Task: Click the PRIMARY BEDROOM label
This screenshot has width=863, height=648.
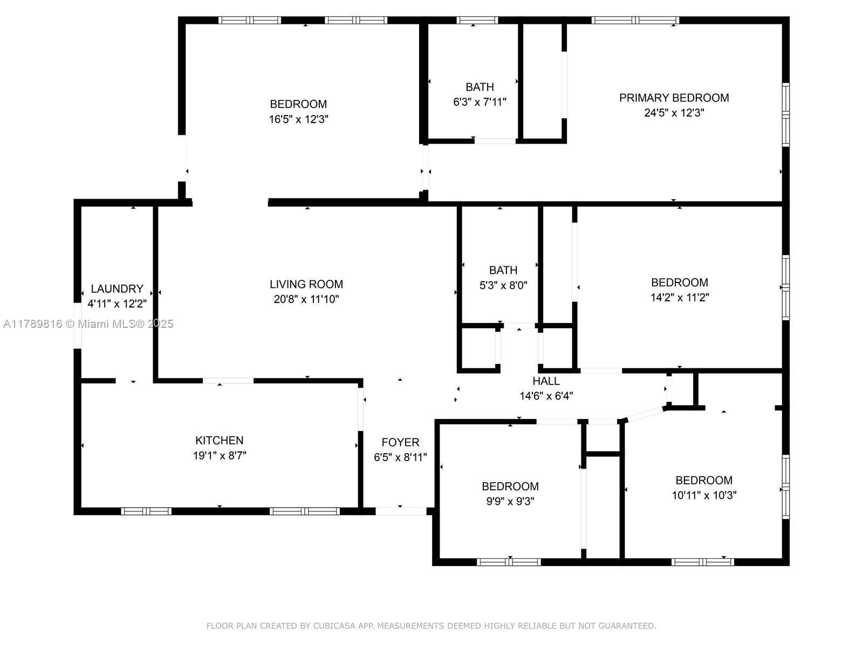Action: (x=674, y=98)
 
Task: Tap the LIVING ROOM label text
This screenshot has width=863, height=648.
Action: (x=306, y=284)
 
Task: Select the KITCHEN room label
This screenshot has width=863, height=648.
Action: (x=220, y=440)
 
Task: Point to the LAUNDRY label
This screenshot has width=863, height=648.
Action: (x=117, y=289)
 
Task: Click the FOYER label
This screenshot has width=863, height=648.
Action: (x=400, y=442)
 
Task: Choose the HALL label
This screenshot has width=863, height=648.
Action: (x=546, y=381)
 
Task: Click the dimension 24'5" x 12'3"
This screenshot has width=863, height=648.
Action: (x=674, y=112)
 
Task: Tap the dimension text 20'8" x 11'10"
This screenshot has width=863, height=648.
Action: (x=306, y=299)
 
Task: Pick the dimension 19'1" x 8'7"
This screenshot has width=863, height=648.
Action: (x=220, y=455)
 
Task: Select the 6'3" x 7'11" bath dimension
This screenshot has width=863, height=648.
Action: (x=480, y=102)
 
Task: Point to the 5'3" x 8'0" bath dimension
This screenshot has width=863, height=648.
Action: (x=503, y=285)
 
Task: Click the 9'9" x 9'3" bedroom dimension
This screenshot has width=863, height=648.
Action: (x=510, y=501)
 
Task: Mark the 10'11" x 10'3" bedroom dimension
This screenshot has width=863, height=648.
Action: (x=704, y=495)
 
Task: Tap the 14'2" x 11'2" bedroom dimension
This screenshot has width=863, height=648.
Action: (x=680, y=297)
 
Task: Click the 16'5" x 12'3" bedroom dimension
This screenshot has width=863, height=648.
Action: (x=298, y=119)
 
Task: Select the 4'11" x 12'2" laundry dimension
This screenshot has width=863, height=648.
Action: (x=117, y=303)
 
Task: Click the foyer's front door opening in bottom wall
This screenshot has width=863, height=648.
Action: (x=401, y=511)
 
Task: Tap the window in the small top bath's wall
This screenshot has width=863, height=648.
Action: (x=477, y=20)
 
